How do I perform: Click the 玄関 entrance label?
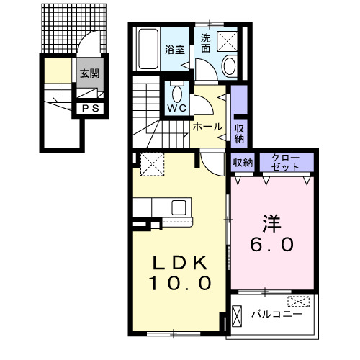(x=91, y=73)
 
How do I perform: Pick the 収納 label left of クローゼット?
(x=243, y=162)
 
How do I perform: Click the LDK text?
(x=180, y=261)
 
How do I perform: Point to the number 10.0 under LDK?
(x=180, y=284)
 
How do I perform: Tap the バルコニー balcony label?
(x=276, y=315)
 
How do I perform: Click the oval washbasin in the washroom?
(x=228, y=67)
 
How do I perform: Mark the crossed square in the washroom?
(x=230, y=40)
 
